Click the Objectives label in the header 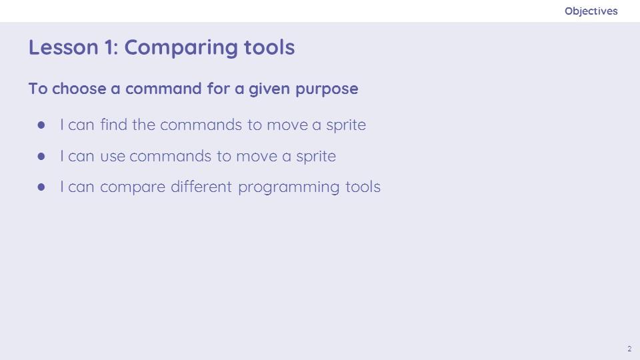[x=591, y=11]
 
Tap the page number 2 [x=629, y=349]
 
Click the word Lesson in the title [x=63, y=47]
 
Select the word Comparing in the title [x=181, y=48]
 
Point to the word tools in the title [x=269, y=47]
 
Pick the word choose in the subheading [x=79, y=89]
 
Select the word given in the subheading [x=269, y=89]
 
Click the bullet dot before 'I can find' [x=41, y=125]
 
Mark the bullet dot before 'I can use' [x=41, y=156]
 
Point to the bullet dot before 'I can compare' [x=41, y=187]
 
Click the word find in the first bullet [x=114, y=125]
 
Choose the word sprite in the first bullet [x=346, y=125]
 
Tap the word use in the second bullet [x=113, y=156]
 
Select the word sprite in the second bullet [x=316, y=157]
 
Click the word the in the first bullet [x=144, y=125]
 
